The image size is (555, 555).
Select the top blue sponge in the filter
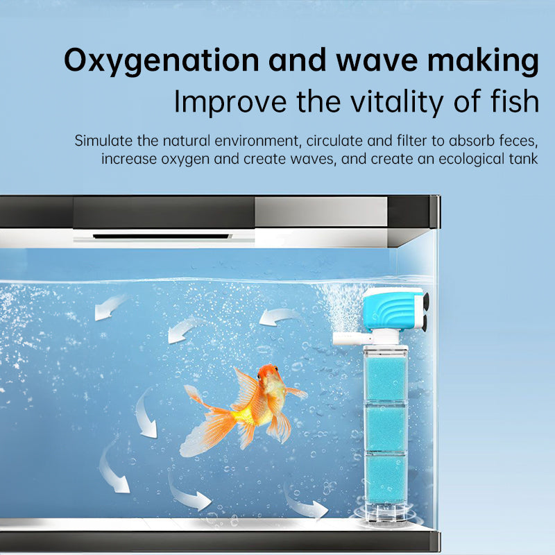pyautogui.click(x=386, y=378)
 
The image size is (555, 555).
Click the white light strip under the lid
pyautogui.click(x=163, y=237)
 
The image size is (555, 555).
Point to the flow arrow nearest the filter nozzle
pyautogui.click(x=281, y=317)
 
